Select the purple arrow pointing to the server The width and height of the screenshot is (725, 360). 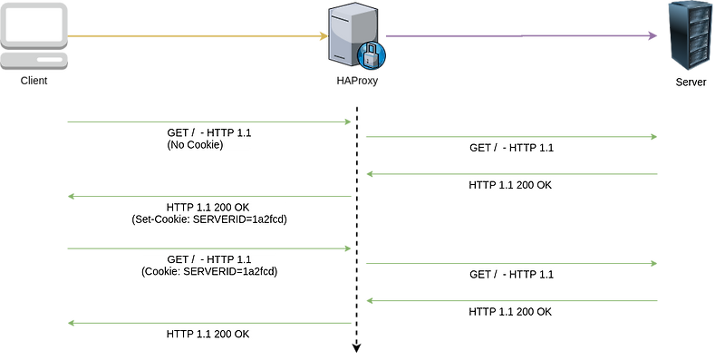point(521,36)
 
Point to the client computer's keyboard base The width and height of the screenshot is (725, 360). point(34,60)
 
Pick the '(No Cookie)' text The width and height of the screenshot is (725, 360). point(195,145)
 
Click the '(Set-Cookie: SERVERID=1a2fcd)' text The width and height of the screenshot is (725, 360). point(209,219)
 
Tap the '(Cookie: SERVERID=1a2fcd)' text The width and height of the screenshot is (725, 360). point(209,271)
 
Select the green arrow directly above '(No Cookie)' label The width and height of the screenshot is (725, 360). point(208,121)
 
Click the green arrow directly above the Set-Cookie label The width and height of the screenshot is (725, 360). point(208,196)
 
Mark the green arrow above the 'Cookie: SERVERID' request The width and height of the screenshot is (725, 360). point(208,248)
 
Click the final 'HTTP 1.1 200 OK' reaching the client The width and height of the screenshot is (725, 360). point(208,334)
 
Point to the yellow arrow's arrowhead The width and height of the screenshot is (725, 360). point(322,37)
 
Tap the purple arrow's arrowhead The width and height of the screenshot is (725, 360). point(652,36)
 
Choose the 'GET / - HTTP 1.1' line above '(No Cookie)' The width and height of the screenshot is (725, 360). point(209,132)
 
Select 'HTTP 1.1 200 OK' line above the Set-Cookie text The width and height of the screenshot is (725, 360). point(209,207)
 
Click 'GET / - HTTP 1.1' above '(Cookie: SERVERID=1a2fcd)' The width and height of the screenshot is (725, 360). point(209,259)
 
